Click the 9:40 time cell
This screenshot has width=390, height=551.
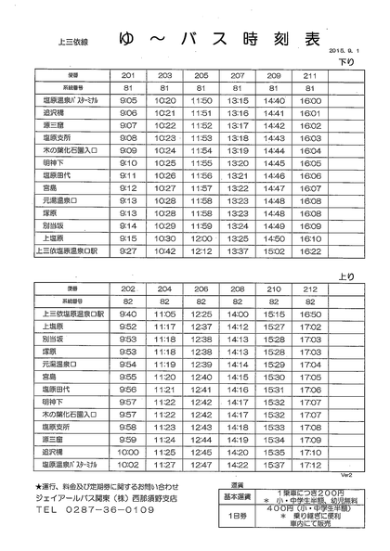[x=128, y=314]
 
